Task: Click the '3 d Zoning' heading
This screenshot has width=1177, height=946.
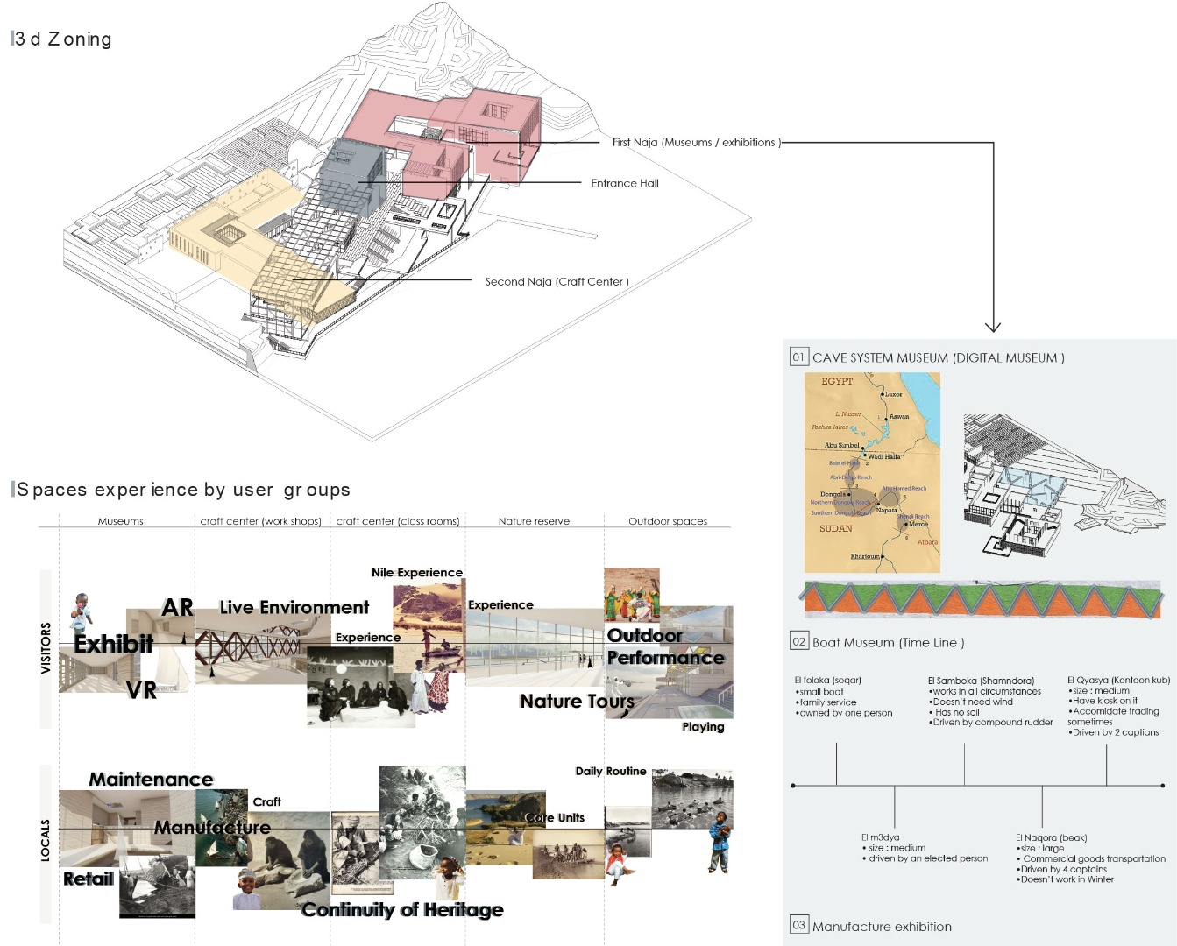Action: [x=63, y=39]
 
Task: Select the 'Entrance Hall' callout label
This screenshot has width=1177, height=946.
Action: [x=624, y=183]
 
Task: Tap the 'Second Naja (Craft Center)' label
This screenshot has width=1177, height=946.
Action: [x=557, y=281]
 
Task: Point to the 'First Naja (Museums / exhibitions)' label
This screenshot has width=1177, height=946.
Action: [x=696, y=142]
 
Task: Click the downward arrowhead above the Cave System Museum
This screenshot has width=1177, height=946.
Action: [x=993, y=328]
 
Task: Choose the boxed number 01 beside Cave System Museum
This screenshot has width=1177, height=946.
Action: [x=798, y=357]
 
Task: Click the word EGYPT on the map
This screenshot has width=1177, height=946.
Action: [x=837, y=381]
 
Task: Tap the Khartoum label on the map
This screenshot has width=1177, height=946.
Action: [x=864, y=556]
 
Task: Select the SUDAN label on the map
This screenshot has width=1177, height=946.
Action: [x=835, y=528]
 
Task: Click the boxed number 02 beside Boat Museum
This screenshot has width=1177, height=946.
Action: [x=798, y=641]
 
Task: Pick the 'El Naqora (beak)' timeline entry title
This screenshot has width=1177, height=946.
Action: [x=1051, y=837]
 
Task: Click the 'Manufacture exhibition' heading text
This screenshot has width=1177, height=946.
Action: [x=882, y=927]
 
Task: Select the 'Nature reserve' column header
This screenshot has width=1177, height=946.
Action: [x=534, y=521]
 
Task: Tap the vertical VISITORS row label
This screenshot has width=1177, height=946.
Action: [x=46, y=648]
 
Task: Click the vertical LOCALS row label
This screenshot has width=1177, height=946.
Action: [x=46, y=841]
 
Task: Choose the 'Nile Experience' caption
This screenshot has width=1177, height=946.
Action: [x=417, y=572]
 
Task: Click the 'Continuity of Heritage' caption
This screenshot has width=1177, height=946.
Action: [x=402, y=909]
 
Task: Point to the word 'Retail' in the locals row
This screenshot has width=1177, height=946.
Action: [x=89, y=879]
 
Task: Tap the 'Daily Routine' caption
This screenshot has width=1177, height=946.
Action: [x=610, y=771]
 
